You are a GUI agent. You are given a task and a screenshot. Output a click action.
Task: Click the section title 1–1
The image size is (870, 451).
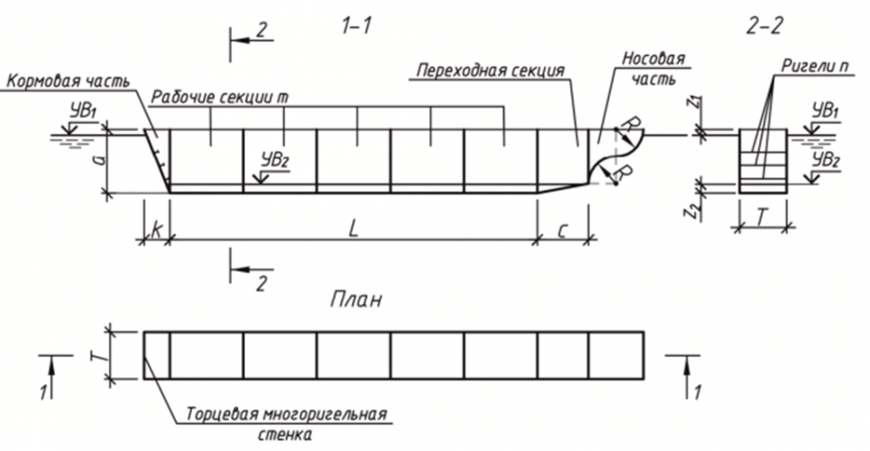(x=356, y=26)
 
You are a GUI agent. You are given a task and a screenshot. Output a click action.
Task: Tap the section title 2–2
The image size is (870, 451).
(x=763, y=26)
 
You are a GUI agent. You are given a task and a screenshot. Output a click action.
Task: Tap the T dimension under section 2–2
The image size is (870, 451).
(x=762, y=217)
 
